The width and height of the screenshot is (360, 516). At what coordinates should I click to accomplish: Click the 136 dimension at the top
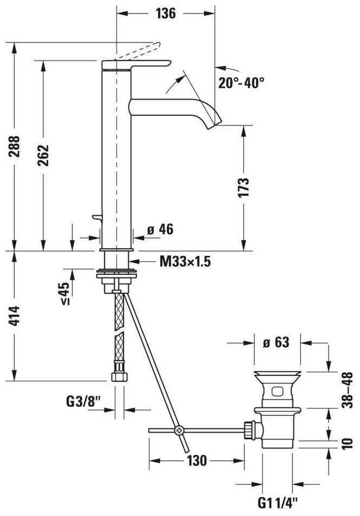tap(166, 14)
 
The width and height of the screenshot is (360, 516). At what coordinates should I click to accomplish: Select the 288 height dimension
tap(15, 146)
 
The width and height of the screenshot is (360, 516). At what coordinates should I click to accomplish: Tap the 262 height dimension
tap(43, 155)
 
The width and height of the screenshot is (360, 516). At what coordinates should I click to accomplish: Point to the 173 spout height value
tap(244, 188)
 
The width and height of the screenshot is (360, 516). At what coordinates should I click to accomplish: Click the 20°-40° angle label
tap(241, 83)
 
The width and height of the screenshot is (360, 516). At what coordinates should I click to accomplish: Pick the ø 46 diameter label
tap(160, 229)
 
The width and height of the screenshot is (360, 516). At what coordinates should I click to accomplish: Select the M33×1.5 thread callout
tap(185, 262)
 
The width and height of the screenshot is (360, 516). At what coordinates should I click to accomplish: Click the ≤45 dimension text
tap(65, 294)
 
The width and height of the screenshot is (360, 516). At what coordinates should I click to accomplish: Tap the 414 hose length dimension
tap(14, 316)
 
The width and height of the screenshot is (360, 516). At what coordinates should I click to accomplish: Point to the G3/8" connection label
tap(83, 401)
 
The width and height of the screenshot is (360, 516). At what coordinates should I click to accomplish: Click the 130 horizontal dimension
tap(197, 461)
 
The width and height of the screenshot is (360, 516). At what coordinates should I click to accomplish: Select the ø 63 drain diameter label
tap(276, 342)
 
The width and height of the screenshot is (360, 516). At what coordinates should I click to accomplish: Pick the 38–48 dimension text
tap(347, 390)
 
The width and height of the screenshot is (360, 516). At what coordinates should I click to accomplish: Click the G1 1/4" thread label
tap(277, 502)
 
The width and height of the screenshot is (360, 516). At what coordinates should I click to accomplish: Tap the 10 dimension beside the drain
tap(347, 444)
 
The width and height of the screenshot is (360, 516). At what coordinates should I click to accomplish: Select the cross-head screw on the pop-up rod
tap(180, 430)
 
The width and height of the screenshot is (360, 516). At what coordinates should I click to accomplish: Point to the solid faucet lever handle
tap(136, 65)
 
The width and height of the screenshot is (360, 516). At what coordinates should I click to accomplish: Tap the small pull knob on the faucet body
tap(97, 217)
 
